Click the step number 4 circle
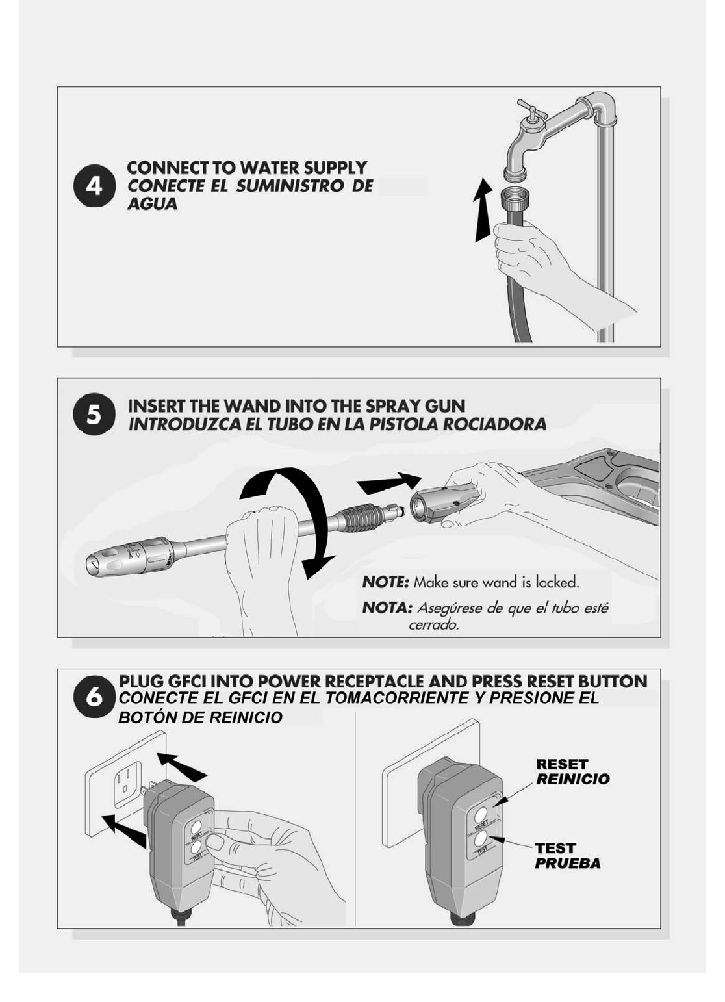tap(94, 186)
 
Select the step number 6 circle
tap(94, 698)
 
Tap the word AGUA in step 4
tap(152, 204)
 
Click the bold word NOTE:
tap(385, 582)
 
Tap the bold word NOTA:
tap(387, 608)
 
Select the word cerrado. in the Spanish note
tap(434, 624)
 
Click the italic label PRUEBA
tap(568, 863)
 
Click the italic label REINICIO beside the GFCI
tap(573, 778)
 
